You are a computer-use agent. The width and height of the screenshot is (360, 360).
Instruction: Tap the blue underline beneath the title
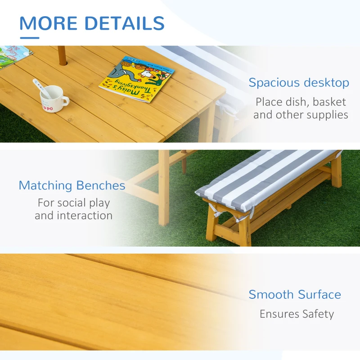[x=29, y=38]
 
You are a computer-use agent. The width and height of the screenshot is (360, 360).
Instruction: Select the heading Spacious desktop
[x=299, y=83]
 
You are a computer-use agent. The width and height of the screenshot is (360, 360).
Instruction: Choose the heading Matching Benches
[x=72, y=185]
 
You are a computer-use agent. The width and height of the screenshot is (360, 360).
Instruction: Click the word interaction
[x=74, y=216]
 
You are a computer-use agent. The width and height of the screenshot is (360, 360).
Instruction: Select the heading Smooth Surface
[x=295, y=295]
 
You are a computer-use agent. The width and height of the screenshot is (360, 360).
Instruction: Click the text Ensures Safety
[x=297, y=314]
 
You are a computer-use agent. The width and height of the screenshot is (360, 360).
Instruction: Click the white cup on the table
[x=52, y=99]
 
